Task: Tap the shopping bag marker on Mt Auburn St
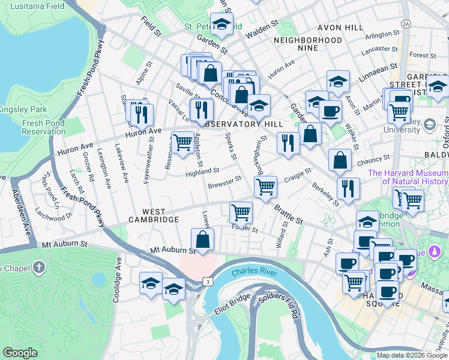tap(203, 239)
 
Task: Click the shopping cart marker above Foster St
tap(241, 212)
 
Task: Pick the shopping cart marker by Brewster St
tap(265, 186)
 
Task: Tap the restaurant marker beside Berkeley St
tap(348, 188)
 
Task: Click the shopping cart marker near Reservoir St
tap(182, 143)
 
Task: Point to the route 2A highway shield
tap(406, 23)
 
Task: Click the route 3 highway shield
tap(207, 281)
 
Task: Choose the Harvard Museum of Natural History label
tap(408, 177)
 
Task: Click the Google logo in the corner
tap(20, 352)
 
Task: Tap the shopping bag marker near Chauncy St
tap(340, 160)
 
